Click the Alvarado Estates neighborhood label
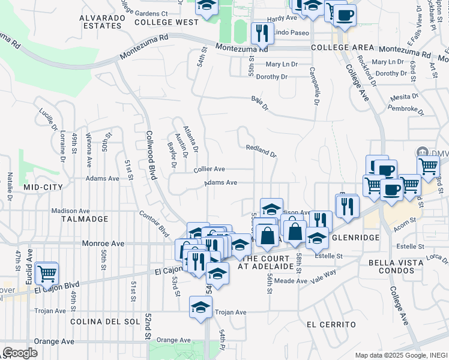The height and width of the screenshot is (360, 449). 101,22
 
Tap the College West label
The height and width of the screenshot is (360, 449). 166,22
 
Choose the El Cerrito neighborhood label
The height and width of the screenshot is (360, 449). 331,325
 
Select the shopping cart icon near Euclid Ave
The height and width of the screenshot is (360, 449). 46,274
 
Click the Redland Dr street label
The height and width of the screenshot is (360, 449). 261,150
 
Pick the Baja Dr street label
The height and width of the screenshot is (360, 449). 260,103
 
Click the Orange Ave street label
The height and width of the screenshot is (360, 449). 53,341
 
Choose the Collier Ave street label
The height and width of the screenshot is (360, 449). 209,170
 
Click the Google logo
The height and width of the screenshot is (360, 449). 20,353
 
